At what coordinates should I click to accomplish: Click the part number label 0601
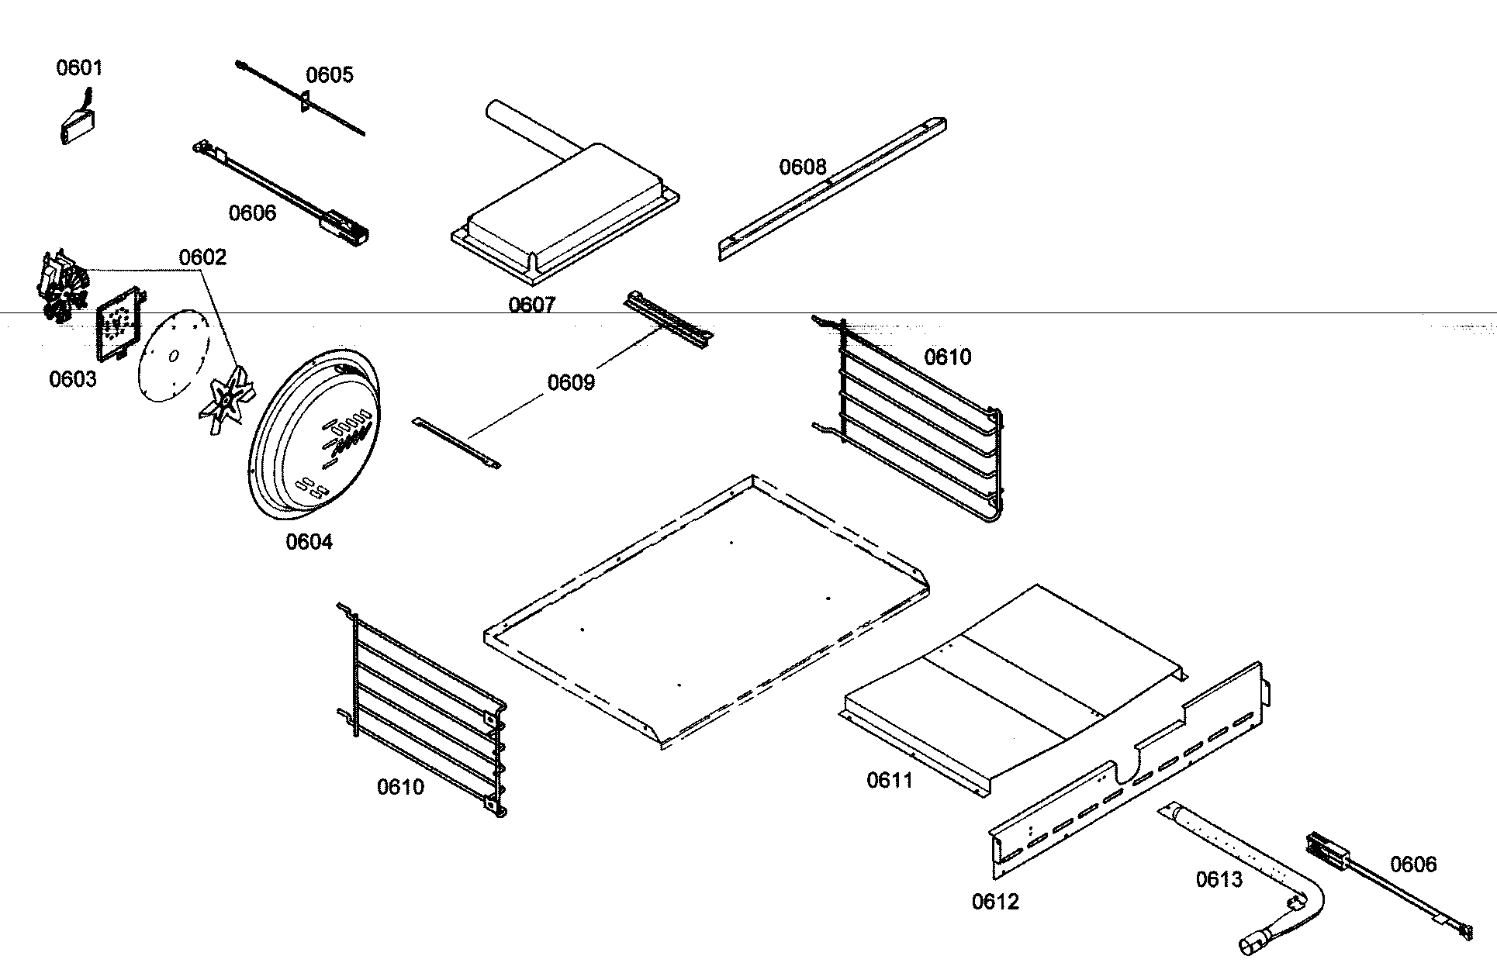pos(79,67)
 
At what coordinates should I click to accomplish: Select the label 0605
pos(329,74)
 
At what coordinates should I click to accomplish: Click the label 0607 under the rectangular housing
pos(532,305)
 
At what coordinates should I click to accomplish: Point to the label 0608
pos(803,167)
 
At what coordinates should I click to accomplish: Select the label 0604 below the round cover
pos(309,542)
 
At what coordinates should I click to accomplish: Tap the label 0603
pos(73,379)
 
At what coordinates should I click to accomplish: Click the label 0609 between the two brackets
pos(571,382)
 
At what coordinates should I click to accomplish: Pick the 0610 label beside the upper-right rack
pos(947,357)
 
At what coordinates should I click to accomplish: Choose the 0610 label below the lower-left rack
pos(400,787)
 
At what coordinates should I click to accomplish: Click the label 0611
pos(890,780)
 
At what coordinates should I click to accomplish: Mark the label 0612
pos(995,902)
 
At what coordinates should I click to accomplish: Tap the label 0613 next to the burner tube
pos(1219,879)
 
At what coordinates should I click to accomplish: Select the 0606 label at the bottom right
pos(1413,864)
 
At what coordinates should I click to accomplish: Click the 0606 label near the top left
pos(252,212)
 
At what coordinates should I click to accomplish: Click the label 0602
pos(202,257)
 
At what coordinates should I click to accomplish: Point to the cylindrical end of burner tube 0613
pos(1250,944)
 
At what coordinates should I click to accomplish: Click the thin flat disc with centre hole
pos(171,356)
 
